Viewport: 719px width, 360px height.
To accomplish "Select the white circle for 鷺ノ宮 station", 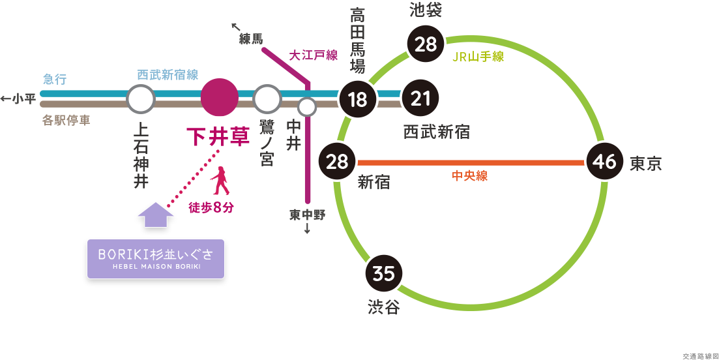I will coord(266,100).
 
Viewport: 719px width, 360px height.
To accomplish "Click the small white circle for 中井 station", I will coord(307,105).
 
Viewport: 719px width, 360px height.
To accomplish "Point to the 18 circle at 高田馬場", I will coord(357,100).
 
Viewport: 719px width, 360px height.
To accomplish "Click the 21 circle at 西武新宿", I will coord(421,98).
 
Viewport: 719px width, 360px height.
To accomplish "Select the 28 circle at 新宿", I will coord(337,161).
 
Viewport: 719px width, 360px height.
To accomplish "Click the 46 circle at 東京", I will coord(605,161).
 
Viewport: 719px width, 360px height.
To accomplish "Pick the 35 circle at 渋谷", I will coord(384,274).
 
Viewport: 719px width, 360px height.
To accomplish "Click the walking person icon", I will coord(222,181).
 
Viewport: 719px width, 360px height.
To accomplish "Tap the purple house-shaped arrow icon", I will coord(155,215).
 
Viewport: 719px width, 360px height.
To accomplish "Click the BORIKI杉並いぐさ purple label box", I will coord(155,259).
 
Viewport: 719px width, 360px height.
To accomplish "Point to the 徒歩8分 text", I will coord(211,207).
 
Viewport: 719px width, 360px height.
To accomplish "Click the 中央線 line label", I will coord(469,175).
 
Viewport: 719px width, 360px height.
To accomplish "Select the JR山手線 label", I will coord(478,57).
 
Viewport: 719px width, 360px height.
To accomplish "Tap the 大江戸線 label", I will coord(313,55).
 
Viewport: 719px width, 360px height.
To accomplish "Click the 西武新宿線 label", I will coord(168,75).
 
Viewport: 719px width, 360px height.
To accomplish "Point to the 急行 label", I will coord(55,80).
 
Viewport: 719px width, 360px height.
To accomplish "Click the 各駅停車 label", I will coord(66,121).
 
